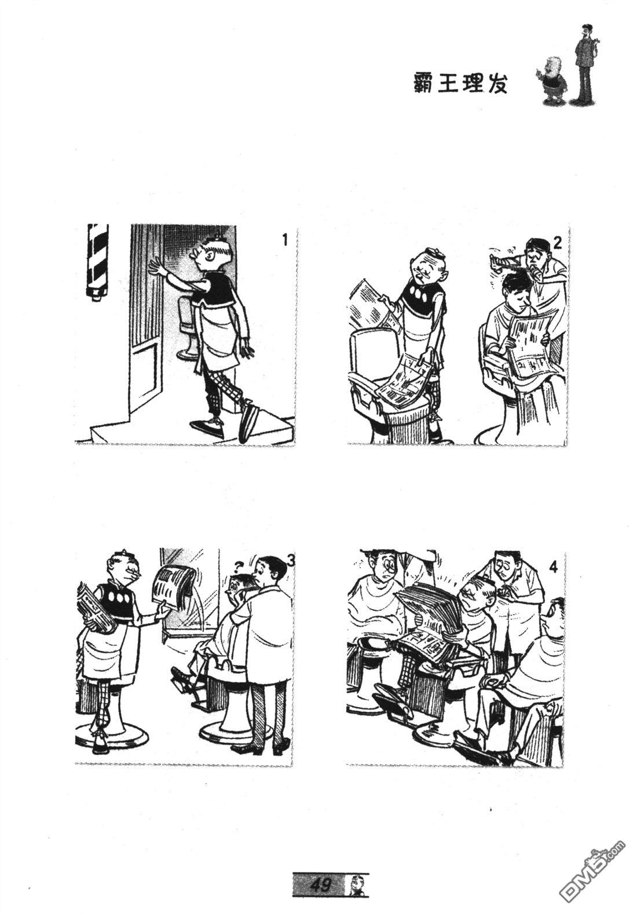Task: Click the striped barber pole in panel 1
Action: (x=97, y=261)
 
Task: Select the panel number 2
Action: (x=557, y=243)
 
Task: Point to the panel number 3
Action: (x=291, y=561)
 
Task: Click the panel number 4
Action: (x=553, y=568)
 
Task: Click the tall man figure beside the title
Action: (x=585, y=63)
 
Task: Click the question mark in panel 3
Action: (x=236, y=565)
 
